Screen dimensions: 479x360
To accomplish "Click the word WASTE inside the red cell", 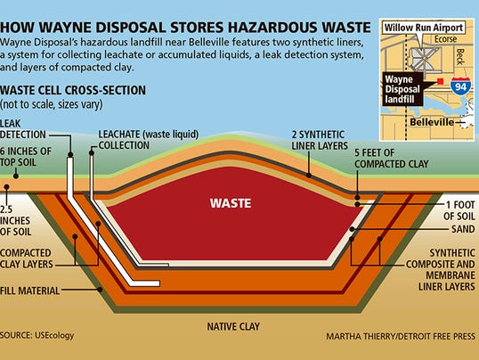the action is [231, 203].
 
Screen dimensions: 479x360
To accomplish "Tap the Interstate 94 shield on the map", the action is [460, 86].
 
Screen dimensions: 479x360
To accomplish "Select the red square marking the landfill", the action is [440, 81].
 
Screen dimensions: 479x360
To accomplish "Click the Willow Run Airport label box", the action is [424, 28].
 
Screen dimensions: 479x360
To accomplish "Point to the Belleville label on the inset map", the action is [432, 122].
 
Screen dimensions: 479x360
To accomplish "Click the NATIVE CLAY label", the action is [233, 326].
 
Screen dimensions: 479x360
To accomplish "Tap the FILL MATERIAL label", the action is [29, 290].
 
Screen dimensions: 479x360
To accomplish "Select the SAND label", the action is [463, 229].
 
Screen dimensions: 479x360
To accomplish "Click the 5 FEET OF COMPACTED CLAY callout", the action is [392, 158].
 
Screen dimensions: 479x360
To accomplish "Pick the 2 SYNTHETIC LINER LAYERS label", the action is [320, 140].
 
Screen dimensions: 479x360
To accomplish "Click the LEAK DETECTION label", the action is [23, 129].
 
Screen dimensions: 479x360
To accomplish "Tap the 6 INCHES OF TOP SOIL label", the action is [26, 157].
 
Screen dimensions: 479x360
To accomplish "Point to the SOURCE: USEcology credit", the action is [37, 335].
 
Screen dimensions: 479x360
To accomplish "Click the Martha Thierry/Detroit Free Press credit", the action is [401, 337].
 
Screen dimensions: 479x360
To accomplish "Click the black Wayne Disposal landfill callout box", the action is [402, 89].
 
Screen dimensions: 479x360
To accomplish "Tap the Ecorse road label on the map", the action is [445, 39].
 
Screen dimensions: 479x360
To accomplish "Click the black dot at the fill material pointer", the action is [100, 290].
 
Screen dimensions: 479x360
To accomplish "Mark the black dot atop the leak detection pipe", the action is [70, 155].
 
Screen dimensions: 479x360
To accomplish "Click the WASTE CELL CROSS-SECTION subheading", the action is [73, 90].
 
